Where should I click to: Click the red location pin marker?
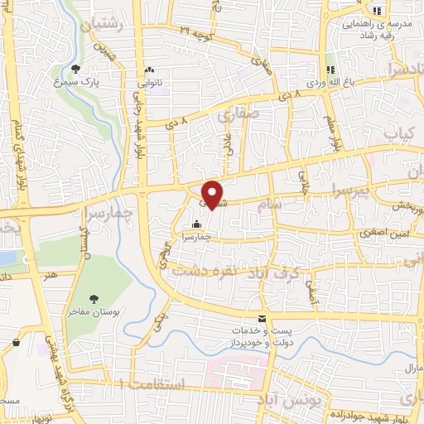[x=213, y=194]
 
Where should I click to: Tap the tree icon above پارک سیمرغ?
[x=76, y=70]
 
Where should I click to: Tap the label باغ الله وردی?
[x=330, y=83]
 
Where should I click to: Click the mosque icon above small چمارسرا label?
[x=196, y=224]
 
